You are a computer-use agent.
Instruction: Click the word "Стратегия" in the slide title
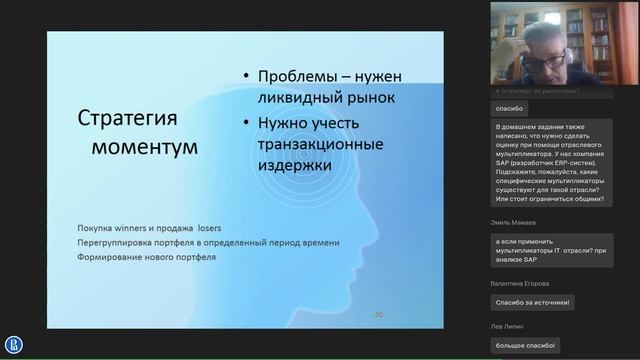click(126, 119)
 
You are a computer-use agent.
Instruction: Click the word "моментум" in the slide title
click(144, 147)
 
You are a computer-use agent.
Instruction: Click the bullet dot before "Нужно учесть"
click(243, 123)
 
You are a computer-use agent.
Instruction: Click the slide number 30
click(378, 314)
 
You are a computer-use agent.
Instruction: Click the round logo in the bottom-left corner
click(14, 345)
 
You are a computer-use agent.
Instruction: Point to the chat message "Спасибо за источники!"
click(532, 302)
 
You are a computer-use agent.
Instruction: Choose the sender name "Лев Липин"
click(509, 326)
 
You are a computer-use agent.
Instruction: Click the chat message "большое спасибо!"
click(525, 345)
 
